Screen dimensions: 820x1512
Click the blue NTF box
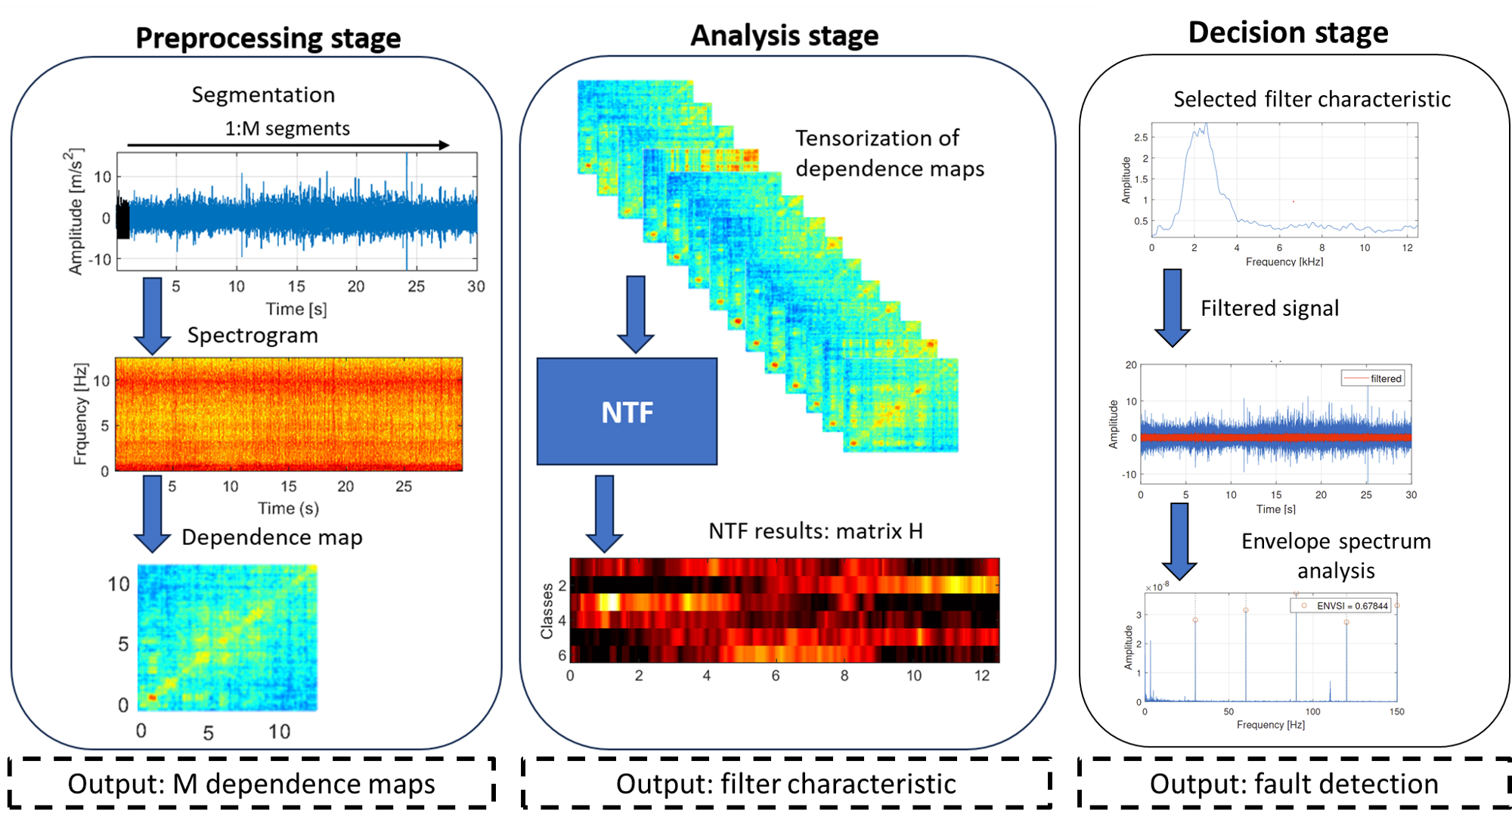[627, 411]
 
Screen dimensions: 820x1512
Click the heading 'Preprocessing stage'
[268, 38]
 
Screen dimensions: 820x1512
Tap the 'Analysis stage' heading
[784, 36]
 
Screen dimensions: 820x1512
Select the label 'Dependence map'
[272, 537]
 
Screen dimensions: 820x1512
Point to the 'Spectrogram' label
[253, 336]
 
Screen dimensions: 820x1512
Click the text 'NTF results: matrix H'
[815, 531]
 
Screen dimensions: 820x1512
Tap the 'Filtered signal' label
[1269, 308]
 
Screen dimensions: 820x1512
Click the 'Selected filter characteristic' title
[1312, 99]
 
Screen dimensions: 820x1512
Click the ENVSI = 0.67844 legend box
[1340, 605]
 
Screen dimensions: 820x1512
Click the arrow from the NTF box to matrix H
[604, 512]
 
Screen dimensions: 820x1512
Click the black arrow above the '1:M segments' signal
[287, 144]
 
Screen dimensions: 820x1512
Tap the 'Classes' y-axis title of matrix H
[547, 611]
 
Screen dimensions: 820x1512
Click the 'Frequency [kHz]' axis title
[1284, 261]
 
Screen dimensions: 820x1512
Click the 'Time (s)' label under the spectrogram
[288, 509]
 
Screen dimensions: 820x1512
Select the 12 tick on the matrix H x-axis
[981, 676]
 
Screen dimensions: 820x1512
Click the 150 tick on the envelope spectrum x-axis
[1396, 712]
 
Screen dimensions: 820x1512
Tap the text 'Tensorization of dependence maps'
[889, 153]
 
